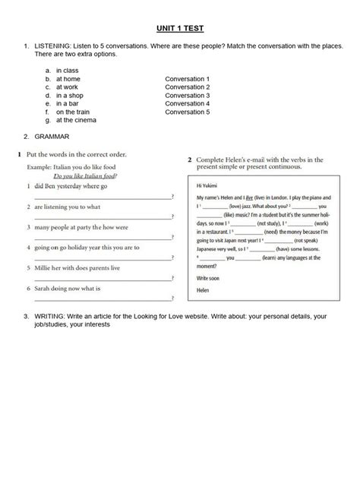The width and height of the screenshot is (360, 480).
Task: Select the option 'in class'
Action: pyautogui.click(x=67, y=71)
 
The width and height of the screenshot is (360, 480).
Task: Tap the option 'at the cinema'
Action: pyautogui.click(x=76, y=120)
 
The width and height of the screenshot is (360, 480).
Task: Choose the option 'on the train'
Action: pyautogui.click(x=74, y=112)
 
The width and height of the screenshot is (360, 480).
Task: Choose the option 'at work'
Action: pyautogui.click(x=67, y=87)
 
